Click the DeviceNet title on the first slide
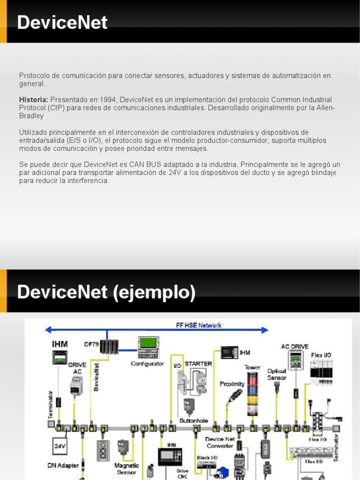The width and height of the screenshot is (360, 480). tap(62, 22)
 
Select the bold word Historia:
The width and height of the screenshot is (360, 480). tap(33, 100)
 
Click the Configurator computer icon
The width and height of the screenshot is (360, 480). tap(149, 347)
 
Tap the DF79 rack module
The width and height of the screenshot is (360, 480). tap(109, 347)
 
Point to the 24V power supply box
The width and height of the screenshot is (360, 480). tap(60, 446)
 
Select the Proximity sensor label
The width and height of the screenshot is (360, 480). tap(232, 384)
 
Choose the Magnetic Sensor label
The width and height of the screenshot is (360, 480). tap(127, 469)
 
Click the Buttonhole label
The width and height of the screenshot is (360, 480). tap(194, 420)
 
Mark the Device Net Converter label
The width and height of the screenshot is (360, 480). tap(220, 442)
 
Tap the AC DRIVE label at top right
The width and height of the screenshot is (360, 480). tap(294, 346)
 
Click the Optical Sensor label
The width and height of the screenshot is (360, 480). tap(277, 374)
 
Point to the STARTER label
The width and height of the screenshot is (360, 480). tap(198, 363)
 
